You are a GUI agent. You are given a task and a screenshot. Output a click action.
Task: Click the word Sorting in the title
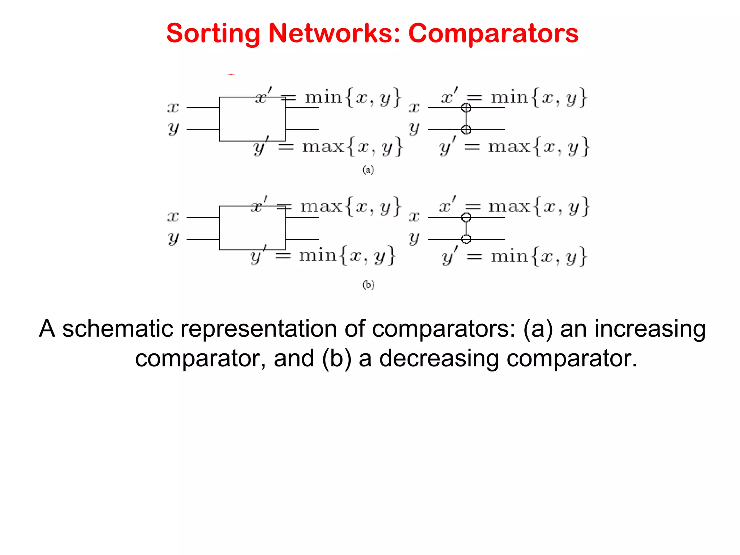[213, 34]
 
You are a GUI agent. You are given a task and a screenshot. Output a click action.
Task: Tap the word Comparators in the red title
[493, 34]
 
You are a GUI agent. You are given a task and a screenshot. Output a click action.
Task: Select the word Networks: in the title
[334, 34]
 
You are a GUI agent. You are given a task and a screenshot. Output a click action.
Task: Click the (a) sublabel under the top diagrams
[368, 170]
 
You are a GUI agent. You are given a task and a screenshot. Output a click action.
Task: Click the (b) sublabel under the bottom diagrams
[368, 285]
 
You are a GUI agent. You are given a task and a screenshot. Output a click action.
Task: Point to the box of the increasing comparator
[252, 119]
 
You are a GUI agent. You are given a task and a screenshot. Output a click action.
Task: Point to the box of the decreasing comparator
[252, 228]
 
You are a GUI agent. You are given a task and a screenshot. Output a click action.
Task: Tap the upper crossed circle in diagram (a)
[466, 108]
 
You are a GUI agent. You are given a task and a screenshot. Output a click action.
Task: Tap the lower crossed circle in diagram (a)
[466, 129]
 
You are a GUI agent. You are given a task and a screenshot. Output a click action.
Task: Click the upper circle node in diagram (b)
[466, 218]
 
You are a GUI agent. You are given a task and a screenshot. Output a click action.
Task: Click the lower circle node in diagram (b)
[466, 239]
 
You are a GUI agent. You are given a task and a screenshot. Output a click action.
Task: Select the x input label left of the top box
[173, 107]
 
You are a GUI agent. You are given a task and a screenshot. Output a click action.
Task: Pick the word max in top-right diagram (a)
[509, 147]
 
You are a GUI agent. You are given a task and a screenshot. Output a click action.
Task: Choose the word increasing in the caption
[650, 329]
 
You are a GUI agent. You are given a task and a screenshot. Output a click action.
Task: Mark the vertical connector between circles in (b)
[466, 228]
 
